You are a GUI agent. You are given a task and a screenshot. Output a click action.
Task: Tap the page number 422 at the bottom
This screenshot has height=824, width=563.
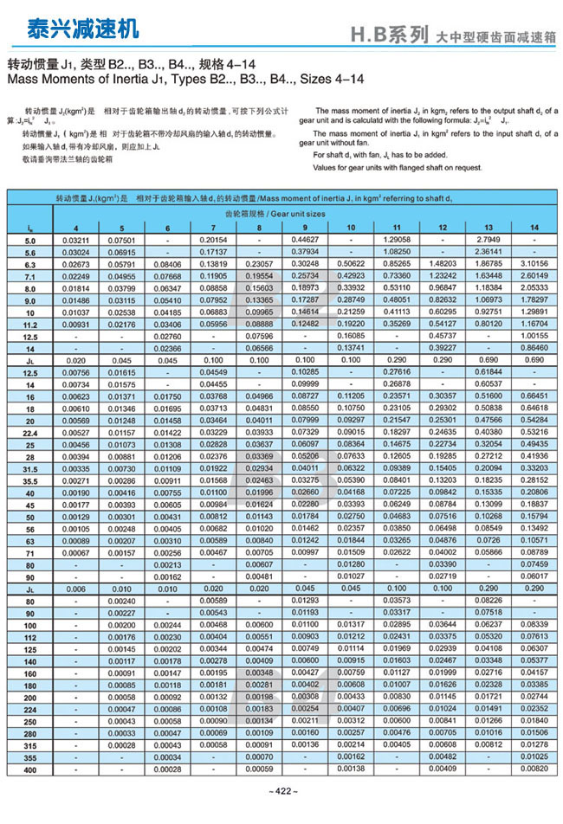tap(283, 791)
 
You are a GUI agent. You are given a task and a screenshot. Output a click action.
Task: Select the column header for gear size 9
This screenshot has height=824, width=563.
tap(305, 227)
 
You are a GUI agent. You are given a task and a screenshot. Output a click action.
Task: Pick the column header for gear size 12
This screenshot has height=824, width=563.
tap(443, 227)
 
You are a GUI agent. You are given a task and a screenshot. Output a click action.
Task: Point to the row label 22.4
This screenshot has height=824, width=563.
tap(30, 431)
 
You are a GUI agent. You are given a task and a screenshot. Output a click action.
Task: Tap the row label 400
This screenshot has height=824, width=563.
tap(30, 769)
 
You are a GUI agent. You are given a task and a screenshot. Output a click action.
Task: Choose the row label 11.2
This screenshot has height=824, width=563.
tap(30, 323)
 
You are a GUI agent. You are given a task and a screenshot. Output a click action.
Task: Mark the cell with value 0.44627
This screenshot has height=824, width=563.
tap(305, 239)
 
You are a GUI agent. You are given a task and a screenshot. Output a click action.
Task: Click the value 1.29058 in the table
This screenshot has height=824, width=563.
tap(397, 239)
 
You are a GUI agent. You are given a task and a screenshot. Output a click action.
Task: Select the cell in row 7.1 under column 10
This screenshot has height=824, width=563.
tap(351, 275)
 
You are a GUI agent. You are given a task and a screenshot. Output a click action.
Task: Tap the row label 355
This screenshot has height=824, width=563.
tap(30, 756)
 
